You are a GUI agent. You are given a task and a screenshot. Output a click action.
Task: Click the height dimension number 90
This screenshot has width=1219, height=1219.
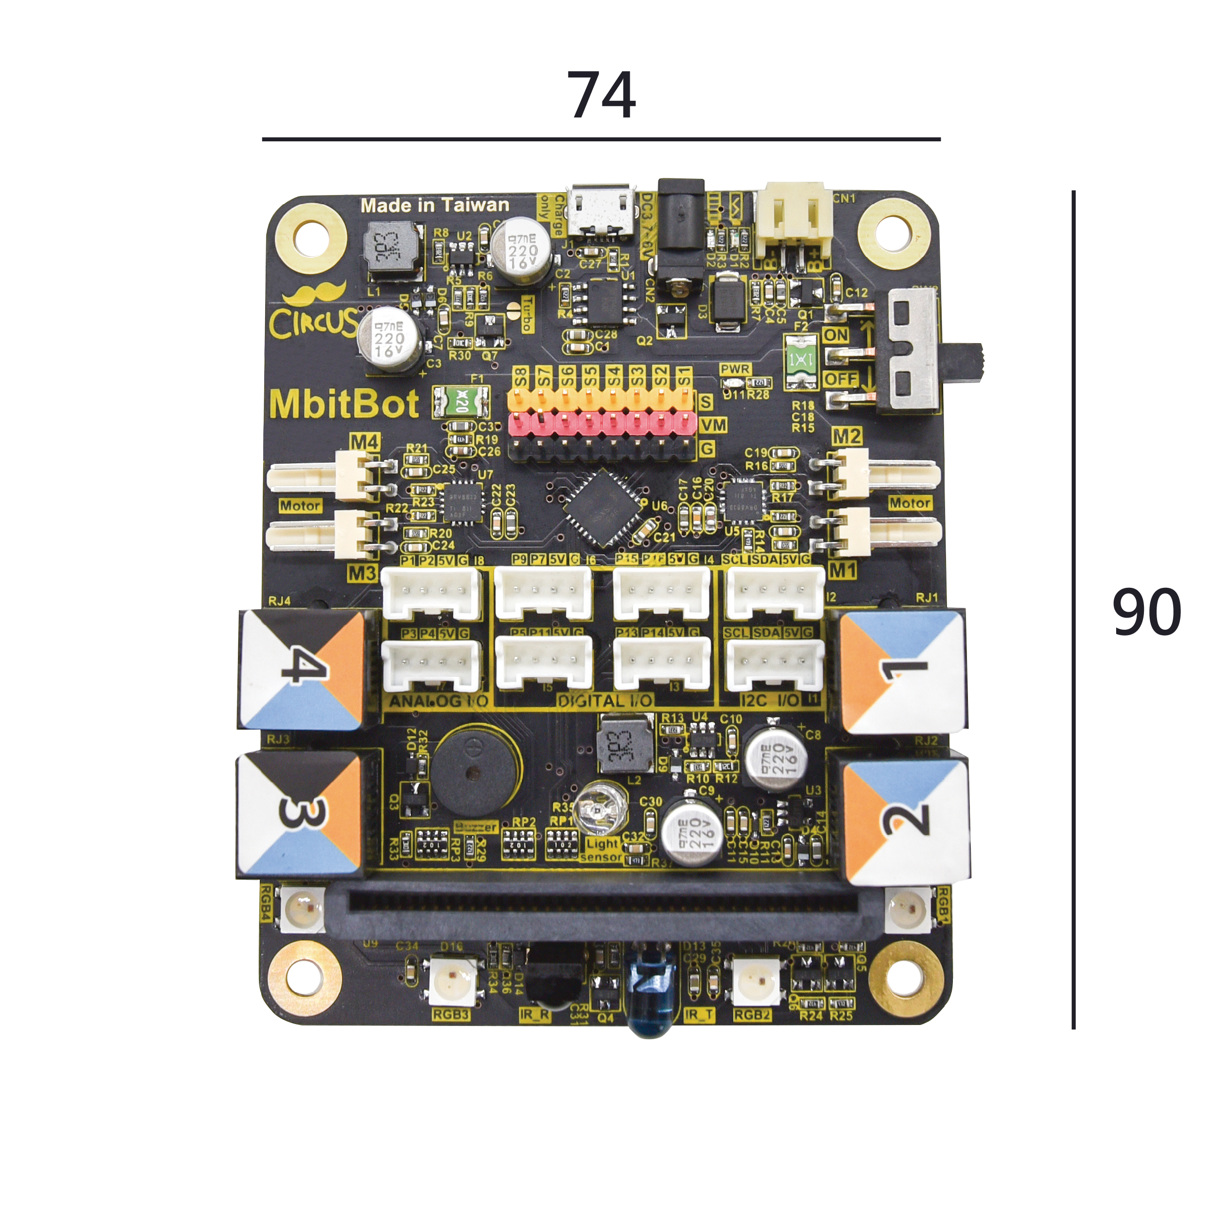[x=1146, y=611]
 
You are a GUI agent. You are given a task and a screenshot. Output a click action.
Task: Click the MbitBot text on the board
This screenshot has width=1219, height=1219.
[x=344, y=404]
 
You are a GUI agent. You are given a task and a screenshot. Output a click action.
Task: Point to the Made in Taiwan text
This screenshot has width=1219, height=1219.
[x=435, y=205]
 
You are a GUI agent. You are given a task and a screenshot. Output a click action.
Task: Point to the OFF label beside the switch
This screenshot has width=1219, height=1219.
[x=840, y=379]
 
